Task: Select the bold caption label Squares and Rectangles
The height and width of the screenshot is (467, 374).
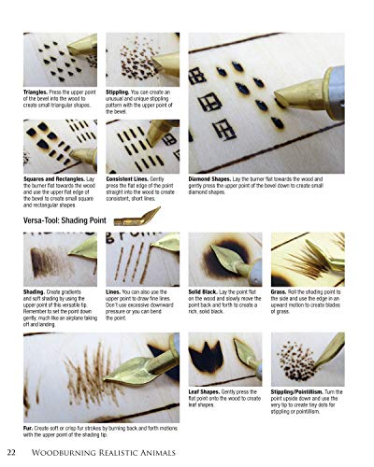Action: point(58,178)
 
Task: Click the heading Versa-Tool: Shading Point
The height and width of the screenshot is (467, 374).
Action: point(65,220)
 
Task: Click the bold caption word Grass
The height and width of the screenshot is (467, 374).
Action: point(280,291)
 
